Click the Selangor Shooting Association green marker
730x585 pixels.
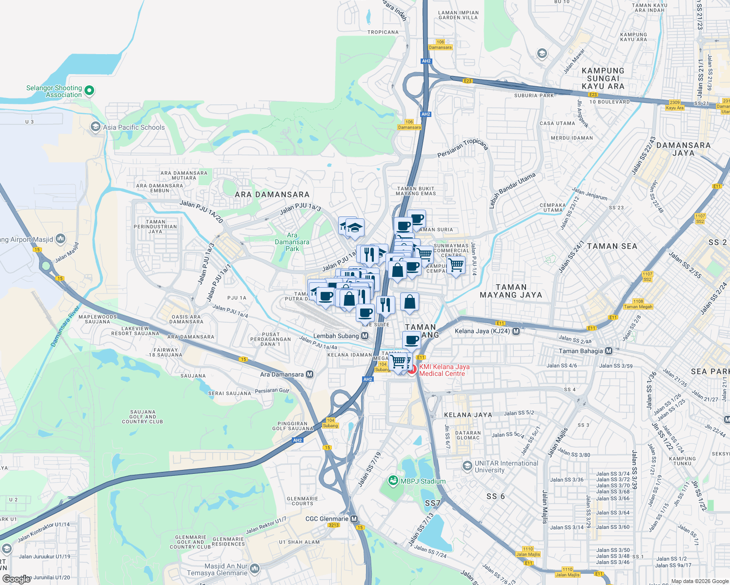tap(89, 90)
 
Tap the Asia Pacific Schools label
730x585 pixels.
tap(134, 127)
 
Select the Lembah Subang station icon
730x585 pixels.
tap(365, 336)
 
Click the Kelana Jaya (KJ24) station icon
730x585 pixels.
tap(516, 331)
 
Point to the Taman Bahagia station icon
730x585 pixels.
tap(608, 351)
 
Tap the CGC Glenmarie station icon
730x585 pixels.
tap(354, 519)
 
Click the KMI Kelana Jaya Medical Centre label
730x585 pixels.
tap(444, 370)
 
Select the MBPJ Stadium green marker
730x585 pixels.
tap(393, 481)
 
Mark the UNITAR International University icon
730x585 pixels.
tap(467, 466)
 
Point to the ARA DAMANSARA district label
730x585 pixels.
tap(272, 195)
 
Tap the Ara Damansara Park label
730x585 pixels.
tap(292, 242)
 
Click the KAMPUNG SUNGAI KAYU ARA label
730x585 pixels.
tap(603, 78)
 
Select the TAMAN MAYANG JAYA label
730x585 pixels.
tap(511, 291)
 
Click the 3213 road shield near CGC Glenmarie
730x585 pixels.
tap(334, 525)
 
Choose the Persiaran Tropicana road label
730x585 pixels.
tap(463, 148)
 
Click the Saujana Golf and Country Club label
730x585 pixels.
tap(142, 417)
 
